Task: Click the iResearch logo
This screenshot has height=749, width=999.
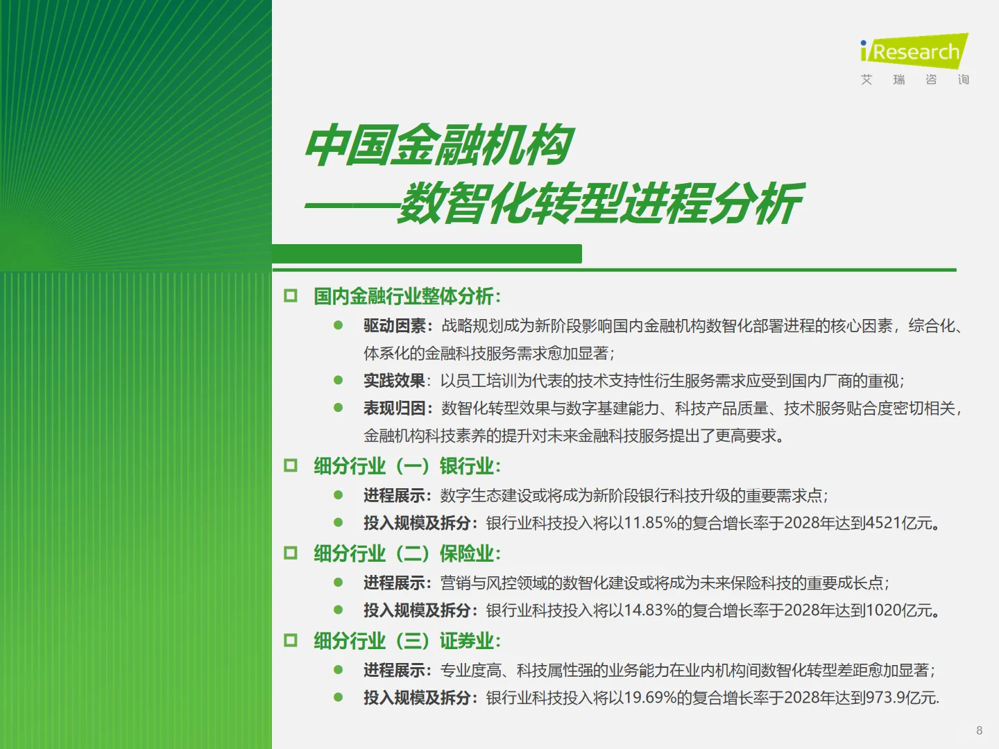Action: (914, 53)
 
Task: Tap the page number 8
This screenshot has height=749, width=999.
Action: (979, 730)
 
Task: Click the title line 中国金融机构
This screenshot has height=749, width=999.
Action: (439, 146)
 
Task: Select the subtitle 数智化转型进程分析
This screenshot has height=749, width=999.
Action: (600, 204)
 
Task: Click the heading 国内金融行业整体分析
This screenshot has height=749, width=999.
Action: (407, 296)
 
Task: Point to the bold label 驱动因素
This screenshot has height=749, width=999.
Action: (394, 326)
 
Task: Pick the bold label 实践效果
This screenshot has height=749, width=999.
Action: (394, 381)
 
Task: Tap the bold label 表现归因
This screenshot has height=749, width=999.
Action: (394, 408)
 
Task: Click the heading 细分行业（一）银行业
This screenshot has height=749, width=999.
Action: (407, 466)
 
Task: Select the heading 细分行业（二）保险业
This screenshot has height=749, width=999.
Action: (407, 553)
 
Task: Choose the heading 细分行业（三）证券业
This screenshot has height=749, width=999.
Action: (407, 641)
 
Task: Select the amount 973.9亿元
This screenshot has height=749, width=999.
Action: (900, 698)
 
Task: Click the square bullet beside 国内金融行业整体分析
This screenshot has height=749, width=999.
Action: (291, 296)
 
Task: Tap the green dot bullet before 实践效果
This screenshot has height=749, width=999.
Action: (339, 380)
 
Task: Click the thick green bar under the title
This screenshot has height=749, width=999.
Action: (427, 254)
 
